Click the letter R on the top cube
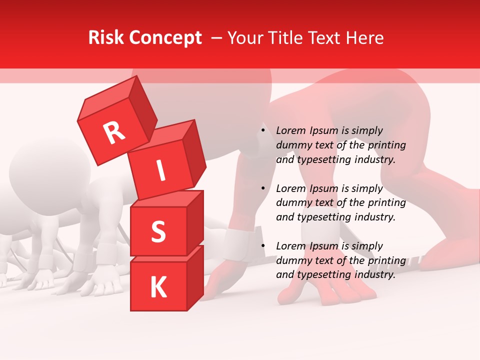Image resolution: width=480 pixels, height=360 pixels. pos(114,132)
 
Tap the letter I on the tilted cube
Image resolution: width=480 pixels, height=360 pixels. pos(160,171)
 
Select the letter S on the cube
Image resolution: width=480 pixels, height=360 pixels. pos(158,231)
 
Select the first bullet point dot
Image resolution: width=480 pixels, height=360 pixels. pos(263,131)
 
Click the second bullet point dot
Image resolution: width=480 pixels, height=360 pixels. pos(263,188)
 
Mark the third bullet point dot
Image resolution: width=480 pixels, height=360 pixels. pos(263,246)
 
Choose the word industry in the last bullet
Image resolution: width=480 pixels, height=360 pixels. pos(376,274)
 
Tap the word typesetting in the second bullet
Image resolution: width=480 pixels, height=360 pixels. pos(319,217)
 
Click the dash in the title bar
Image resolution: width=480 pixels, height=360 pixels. pos(216,38)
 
